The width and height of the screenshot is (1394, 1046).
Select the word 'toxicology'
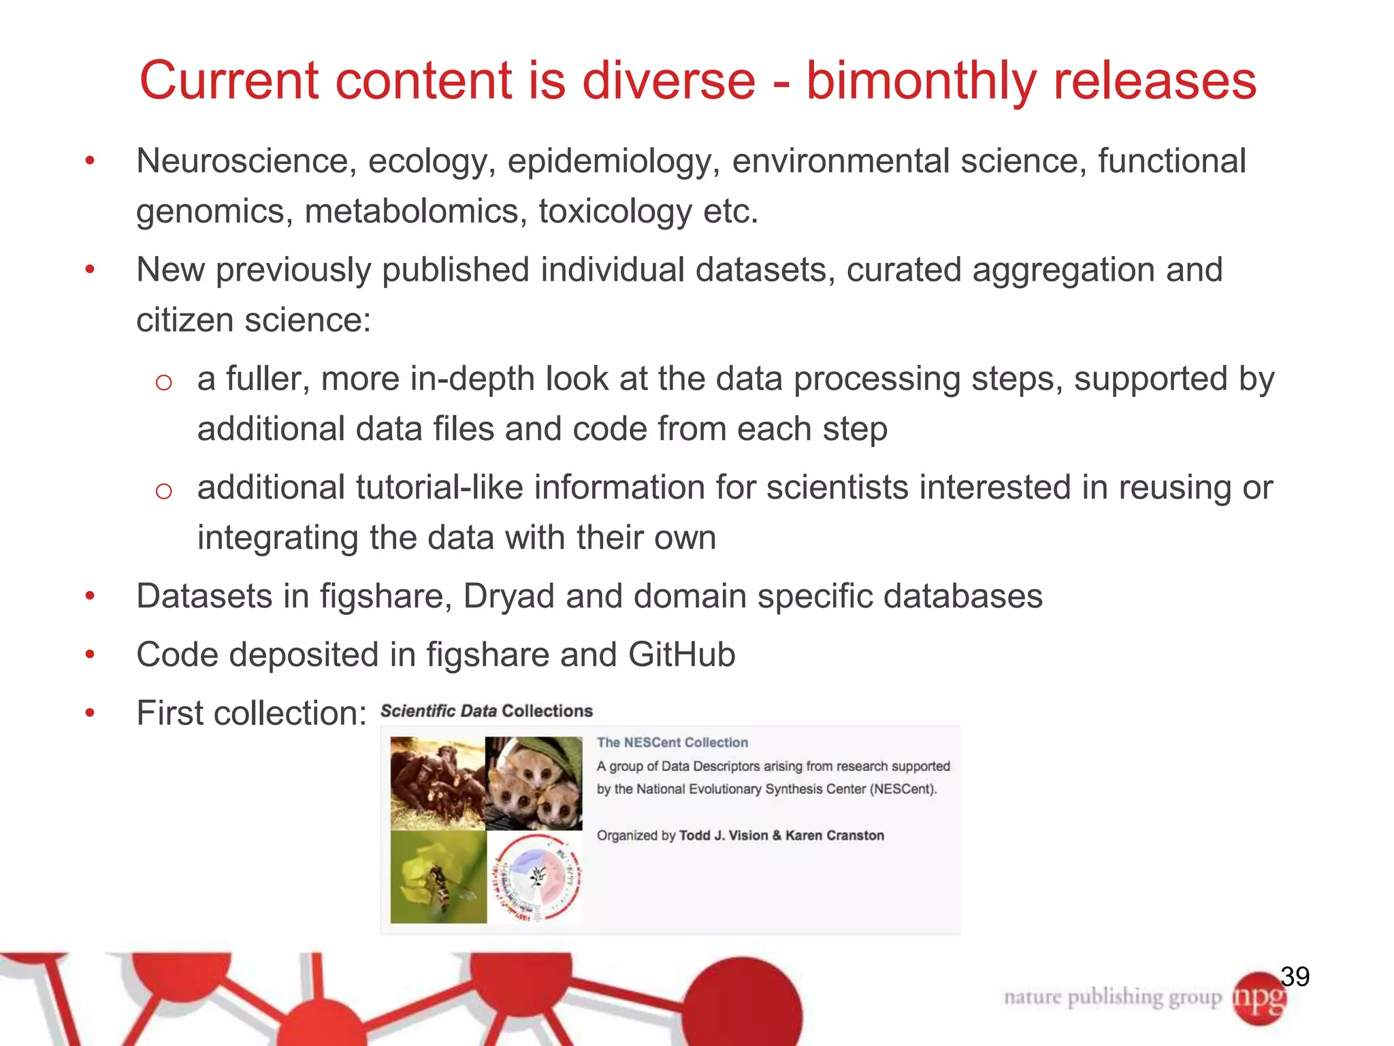[614, 211]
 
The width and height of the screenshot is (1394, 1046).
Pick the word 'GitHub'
[681, 655]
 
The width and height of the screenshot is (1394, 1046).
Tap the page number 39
[1295, 977]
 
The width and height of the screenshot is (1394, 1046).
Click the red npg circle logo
[1259, 998]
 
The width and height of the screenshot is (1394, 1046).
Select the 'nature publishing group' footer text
[1112, 998]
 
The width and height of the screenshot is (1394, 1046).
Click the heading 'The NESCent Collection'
[672, 743]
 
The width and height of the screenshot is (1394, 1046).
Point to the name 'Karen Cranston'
[834, 836]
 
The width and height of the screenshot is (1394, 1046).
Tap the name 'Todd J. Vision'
[724, 836]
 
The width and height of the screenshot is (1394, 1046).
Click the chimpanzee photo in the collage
[437, 783]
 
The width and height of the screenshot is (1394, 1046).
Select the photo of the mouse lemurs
[535, 783]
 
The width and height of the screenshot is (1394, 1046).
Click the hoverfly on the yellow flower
[438, 878]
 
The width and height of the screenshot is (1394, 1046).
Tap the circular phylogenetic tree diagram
[536, 878]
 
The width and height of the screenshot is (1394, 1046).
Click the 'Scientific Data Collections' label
[486, 711]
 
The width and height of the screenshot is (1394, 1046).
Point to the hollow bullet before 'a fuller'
[163, 383]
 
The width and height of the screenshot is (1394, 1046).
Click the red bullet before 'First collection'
[90, 714]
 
